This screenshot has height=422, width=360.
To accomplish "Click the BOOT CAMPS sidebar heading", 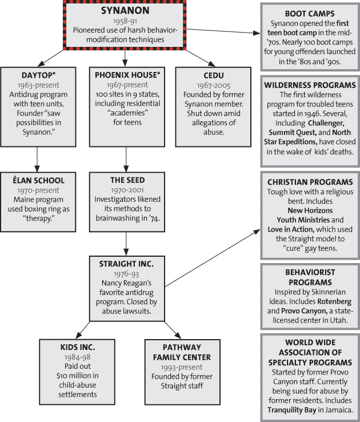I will tap(309, 13).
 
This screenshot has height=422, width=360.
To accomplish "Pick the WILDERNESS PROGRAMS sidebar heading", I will tap(309, 85).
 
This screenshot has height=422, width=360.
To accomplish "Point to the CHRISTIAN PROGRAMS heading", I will tap(309, 181).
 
